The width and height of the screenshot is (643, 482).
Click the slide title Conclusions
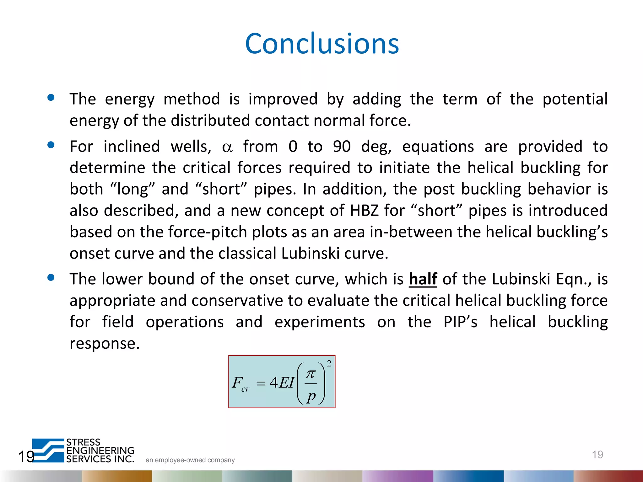pos(322,44)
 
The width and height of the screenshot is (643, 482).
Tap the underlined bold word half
pos(423,279)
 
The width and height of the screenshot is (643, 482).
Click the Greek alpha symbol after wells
pos(227,147)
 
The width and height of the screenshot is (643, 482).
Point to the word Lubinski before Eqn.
pos(521,279)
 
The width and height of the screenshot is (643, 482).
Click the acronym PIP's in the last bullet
pos(460,322)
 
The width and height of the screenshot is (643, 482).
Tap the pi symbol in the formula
pos(311,373)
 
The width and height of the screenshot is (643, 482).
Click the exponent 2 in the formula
pos(329,363)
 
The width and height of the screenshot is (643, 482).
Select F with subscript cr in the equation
pos(240,383)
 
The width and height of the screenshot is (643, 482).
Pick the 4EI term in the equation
pos(282,383)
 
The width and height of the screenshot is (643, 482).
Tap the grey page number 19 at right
pos(597,454)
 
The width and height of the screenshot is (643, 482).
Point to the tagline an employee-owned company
pos(190,460)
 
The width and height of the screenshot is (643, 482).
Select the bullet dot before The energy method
pos(51,98)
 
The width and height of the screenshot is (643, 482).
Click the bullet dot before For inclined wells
pos(51,145)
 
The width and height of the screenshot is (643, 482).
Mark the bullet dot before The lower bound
pos(51,277)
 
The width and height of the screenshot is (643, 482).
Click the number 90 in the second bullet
pos(342,147)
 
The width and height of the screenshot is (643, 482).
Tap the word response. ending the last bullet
pos(105,343)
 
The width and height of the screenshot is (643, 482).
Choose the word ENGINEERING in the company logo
pos(100,451)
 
